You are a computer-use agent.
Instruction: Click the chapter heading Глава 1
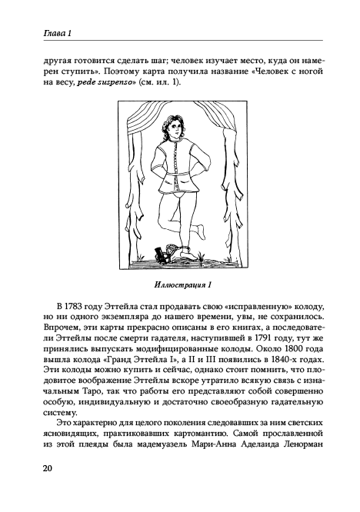tap(39, 31)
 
